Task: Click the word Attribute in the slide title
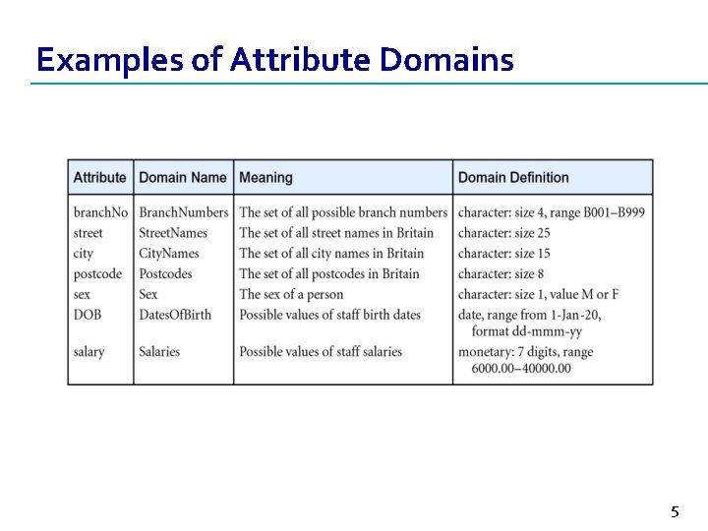click(301, 61)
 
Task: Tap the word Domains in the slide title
click(446, 61)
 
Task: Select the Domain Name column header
click(183, 178)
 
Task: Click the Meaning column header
click(265, 178)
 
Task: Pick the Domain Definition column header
click(513, 178)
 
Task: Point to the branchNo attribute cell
click(100, 212)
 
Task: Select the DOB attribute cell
click(88, 314)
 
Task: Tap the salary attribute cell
click(88, 351)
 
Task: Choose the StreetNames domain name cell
click(173, 233)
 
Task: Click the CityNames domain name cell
click(169, 254)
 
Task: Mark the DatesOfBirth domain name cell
click(175, 314)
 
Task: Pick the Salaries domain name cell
click(159, 351)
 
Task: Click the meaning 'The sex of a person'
click(291, 294)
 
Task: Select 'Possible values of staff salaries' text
click(321, 351)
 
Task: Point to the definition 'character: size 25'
click(503, 233)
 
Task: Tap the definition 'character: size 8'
click(501, 273)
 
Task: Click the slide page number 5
click(675, 511)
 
